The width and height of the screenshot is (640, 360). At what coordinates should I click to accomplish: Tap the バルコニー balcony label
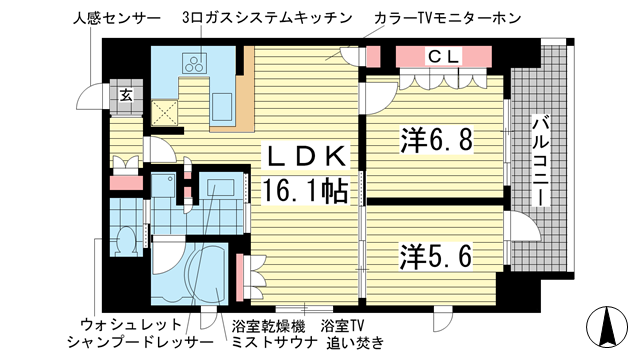click(x=540, y=159)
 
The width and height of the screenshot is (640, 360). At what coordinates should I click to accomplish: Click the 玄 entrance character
click(x=126, y=95)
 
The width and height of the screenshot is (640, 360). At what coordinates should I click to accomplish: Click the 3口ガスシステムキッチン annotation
click(x=267, y=19)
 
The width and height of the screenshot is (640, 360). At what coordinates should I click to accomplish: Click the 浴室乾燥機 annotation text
click(x=267, y=325)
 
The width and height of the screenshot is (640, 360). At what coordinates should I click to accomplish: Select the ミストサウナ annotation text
click(x=267, y=343)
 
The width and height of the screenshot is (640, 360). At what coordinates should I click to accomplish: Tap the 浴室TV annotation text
click(x=343, y=325)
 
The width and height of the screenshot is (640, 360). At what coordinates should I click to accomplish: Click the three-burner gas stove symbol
click(x=192, y=64)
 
